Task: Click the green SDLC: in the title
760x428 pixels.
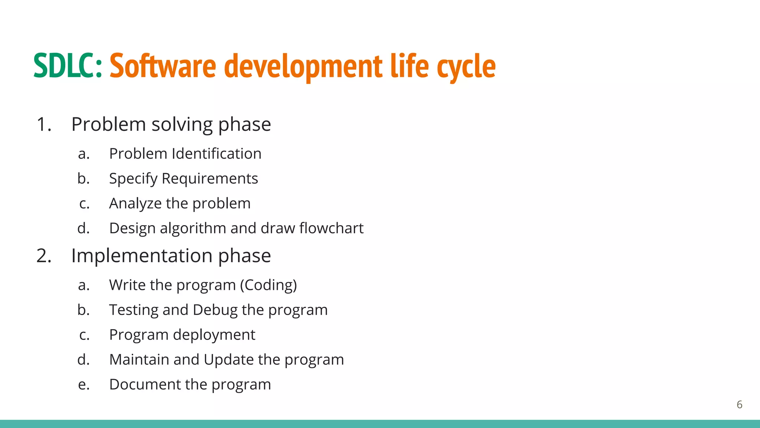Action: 68,66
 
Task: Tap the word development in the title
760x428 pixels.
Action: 303,67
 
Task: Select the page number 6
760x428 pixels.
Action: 739,405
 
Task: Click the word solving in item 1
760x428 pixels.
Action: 182,125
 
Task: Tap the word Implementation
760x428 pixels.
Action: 141,256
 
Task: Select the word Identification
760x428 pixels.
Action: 216,153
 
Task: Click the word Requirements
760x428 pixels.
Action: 210,179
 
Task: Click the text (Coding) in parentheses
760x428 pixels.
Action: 268,285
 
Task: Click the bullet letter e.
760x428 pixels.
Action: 83,385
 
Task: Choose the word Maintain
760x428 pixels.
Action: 139,360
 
